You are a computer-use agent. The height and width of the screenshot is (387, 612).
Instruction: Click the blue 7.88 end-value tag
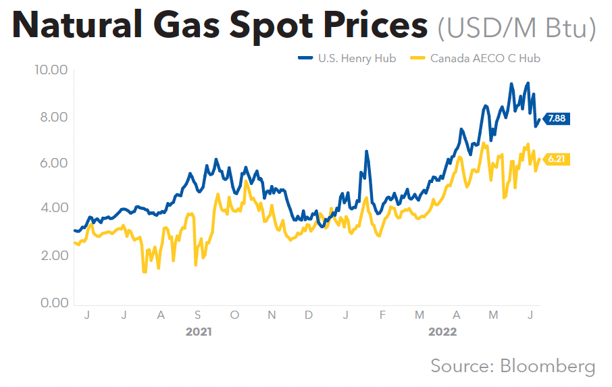[x=557, y=118]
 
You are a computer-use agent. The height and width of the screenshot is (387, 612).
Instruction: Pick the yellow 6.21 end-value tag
[x=557, y=159]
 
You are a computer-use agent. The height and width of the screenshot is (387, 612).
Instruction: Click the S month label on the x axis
[x=197, y=315]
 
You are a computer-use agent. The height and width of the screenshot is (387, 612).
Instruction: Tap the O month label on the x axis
[x=234, y=315]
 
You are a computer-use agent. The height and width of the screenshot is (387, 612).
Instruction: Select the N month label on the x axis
[x=272, y=315]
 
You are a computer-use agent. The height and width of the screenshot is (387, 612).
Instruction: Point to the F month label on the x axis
[x=382, y=315]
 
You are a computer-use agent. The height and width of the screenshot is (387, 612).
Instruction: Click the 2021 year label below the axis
[x=199, y=332]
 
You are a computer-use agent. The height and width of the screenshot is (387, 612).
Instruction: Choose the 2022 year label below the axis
[x=442, y=332]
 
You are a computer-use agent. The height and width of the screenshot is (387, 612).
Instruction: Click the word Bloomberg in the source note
[x=548, y=365]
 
